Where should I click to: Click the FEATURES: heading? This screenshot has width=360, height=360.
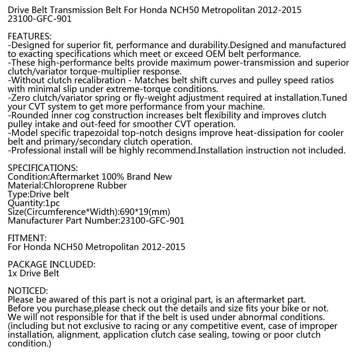tap(30, 37)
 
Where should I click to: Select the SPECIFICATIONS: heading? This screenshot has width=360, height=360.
tap(43, 168)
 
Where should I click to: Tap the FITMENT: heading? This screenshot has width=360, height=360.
tap(27, 238)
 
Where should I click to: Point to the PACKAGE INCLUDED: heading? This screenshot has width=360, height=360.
tap(51, 265)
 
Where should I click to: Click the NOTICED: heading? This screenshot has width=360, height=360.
tap(27, 291)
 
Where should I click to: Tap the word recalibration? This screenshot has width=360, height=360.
tap(101, 81)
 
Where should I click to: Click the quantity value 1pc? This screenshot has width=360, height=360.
tap(52, 203)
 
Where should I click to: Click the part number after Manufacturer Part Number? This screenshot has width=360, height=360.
tap(152, 221)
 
